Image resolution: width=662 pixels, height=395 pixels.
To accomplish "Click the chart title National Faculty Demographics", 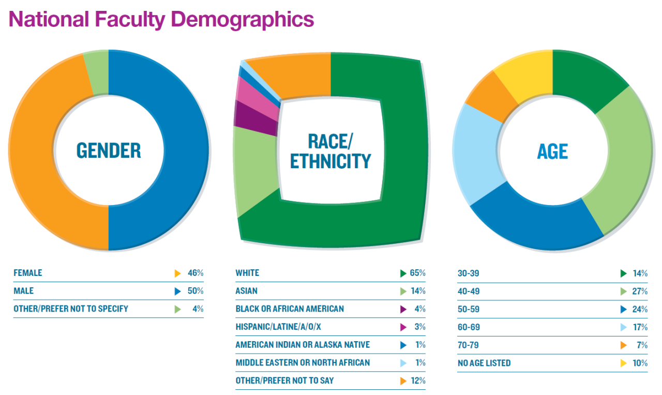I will click(161, 20).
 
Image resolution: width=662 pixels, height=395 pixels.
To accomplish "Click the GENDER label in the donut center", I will click(109, 151).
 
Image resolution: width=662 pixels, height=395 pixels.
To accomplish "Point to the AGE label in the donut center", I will click(552, 151).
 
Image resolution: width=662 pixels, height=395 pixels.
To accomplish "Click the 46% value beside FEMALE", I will click(195, 273).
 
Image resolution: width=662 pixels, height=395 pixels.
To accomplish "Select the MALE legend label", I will click(23, 291).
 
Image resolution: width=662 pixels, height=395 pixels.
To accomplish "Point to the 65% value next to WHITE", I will click(417, 273).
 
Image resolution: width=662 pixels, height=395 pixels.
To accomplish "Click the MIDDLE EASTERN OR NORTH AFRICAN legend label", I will click(303, 362).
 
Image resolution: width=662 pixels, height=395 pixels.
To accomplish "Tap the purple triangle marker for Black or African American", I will click(403, 309).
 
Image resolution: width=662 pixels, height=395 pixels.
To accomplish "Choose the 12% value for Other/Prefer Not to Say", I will click(417, 381).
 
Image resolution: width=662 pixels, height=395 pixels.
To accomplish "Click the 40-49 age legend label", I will click(469, 291).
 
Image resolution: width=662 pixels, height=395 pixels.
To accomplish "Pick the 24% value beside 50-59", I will click(640, 309).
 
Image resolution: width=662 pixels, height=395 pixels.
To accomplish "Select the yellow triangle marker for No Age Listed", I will click(624, 363).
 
